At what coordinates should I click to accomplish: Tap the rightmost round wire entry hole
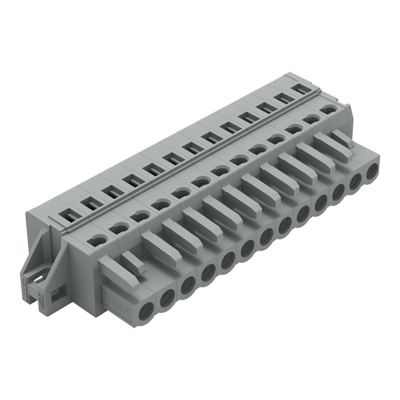pos(372,172)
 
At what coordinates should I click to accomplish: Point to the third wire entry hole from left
pos(187,286)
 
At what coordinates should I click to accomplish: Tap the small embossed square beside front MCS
pos(105,298)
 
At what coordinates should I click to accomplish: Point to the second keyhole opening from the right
pos(311,119)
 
